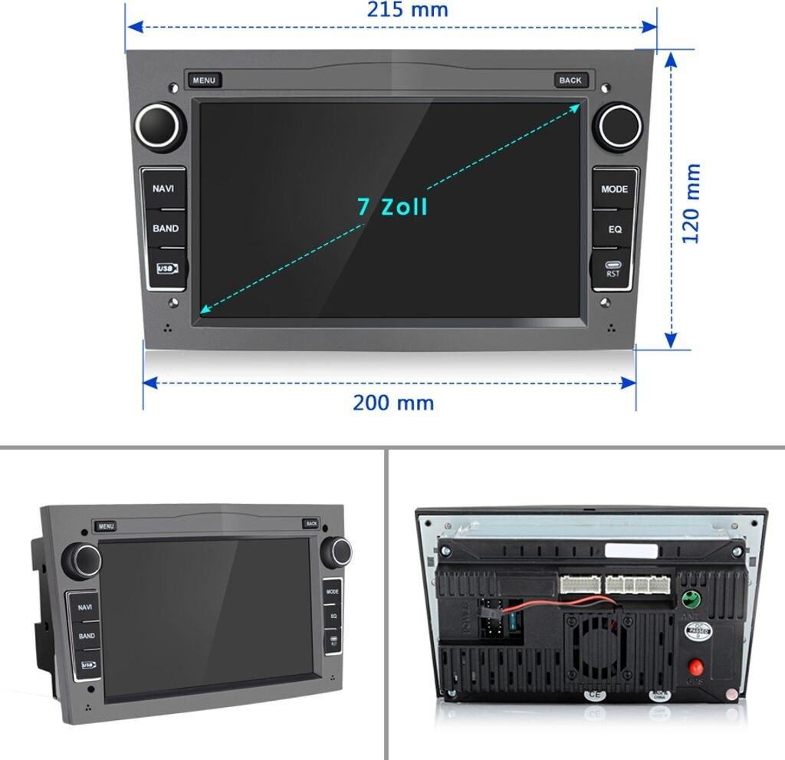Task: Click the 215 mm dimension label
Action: pos(407,10)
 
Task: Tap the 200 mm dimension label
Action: pos(393,403)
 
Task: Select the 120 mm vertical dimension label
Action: pos(692,203)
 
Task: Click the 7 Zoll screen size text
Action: pos(392,206)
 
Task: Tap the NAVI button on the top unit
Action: pos(163,189)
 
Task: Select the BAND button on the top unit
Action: pos(165,229)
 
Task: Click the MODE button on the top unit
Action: pos(614,189)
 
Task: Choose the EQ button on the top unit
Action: pos(615,229)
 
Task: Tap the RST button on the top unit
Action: pos(613,268)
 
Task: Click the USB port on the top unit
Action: pos(166,268)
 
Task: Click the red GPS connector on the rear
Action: pos(695,665)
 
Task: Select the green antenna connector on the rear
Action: pos(689,599)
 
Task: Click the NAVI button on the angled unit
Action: pos(84,607)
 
